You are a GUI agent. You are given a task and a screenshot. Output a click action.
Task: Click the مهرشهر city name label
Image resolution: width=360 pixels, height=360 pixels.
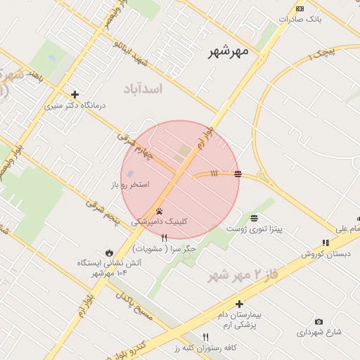click(x=229, y=52)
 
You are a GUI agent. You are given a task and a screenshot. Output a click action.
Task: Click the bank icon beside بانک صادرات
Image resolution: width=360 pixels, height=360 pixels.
click(x=300, y=8)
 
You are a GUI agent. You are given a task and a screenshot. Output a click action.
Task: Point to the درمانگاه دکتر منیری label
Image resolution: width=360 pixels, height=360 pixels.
click(x=75, y=105)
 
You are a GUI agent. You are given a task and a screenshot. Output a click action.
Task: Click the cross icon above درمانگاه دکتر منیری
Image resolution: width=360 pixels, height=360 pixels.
click(x=75, y=94)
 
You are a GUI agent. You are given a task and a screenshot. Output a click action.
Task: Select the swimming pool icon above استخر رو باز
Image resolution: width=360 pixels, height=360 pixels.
click(x=130, y=174)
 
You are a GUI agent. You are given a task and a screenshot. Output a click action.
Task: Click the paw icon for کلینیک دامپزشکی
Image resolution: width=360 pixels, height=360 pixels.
click(x=160, y=210)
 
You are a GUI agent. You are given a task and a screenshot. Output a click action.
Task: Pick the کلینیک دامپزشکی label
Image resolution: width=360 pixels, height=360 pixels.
click(x=159, y=221)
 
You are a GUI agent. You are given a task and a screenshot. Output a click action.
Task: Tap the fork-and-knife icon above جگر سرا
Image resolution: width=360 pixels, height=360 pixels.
click(x=165, y=238)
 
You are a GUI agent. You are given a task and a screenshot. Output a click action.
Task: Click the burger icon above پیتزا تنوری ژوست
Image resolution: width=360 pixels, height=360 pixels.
click(x=253, y=218)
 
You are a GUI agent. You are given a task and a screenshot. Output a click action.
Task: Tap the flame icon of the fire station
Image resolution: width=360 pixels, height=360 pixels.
click(x=109, y=252)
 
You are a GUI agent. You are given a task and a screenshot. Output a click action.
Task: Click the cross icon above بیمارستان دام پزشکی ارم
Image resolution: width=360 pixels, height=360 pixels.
click(x=240, y=304)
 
